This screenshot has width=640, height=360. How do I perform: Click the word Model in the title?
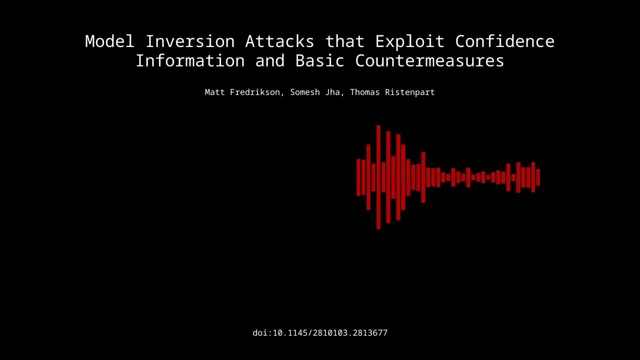(x=109, y=41)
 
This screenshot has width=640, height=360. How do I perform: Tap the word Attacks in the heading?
(x=279, y=41)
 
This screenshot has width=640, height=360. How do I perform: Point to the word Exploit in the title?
(x=409, y=41)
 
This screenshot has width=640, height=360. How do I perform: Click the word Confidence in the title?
(x=504, y=41)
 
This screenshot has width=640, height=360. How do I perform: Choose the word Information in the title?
(x=190, y=60)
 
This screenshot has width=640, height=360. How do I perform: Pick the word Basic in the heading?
(x=319, y=60)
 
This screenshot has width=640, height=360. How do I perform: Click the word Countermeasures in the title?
(x=429, y=60)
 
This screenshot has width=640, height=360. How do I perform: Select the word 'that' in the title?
(x=344, y=41)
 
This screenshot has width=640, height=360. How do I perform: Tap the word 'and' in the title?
(x=269, y=60)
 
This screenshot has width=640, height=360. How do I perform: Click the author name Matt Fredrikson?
(x=242, y=92)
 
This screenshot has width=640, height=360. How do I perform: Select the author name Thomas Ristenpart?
(x=392, y=92)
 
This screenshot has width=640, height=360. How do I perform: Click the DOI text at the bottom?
(x=320, y=333)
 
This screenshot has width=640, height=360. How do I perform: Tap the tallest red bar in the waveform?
(x=378, y=177)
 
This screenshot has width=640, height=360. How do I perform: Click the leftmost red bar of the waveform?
(x=358, y=177)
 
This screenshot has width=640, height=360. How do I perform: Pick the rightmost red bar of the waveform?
(x=538, y=177)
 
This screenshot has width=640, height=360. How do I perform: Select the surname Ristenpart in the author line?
(x=409, y=92)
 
